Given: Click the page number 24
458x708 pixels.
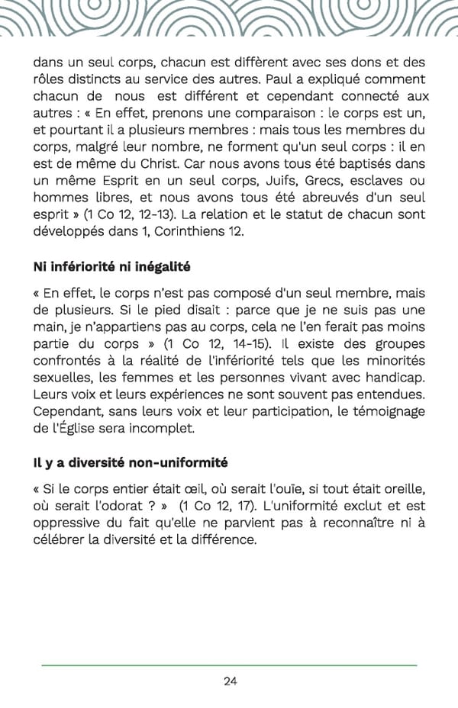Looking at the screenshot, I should pyautogui.click(x=230, y=681).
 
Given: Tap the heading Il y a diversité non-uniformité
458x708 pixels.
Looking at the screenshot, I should pyautogui.click(x=130, y=463).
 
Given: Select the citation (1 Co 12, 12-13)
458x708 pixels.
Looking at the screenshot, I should pyautogui.click(x=121, y=214).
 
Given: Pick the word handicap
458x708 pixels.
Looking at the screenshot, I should pyautogui.click(x=392, y=377).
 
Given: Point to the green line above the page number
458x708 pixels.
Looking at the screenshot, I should pyautogui.click(x=229, y=665).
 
